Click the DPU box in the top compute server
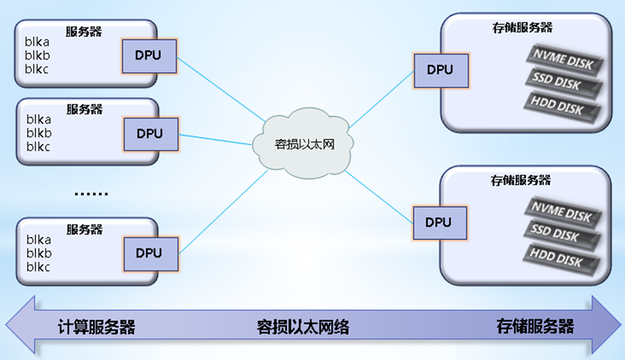click(x=149, y=55)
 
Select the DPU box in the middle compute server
click(x=150, y=134)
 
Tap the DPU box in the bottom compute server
click(x=149, y=253)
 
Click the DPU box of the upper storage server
click(x=439, y=69)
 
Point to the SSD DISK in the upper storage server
click(x=563, y=82)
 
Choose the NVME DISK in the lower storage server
click(x=561, y=212)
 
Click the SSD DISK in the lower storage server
click(x=563, y=234)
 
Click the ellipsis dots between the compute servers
click(x=91, y=193)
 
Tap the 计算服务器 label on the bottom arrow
click(x=96, y=327)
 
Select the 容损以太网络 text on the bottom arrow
click(x=303, y=327)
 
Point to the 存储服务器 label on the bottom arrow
click(x=535, y=326)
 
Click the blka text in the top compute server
click(x=38, y=41)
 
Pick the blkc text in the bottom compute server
click(x=38, y=267)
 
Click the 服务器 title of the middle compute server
click(x=85, y=109)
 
